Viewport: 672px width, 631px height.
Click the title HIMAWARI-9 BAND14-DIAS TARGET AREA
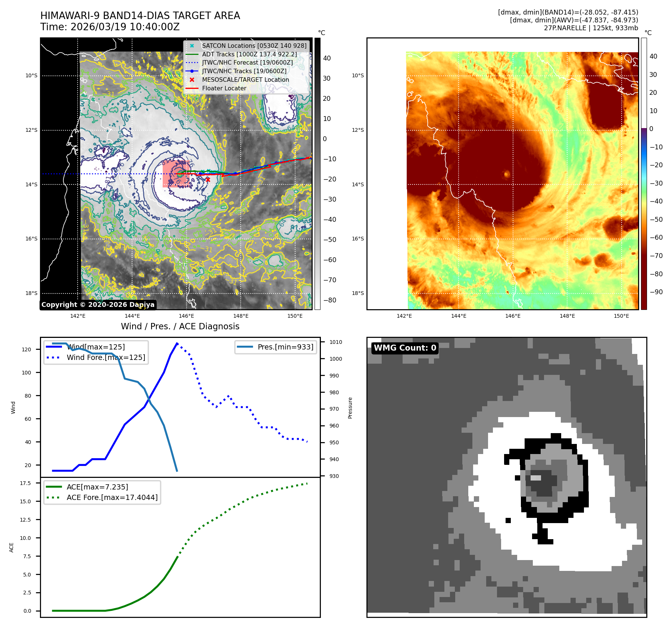click(140, 16)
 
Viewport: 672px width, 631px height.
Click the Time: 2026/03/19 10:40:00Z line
click(110, 27)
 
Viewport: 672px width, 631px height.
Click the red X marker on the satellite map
click(208, 180)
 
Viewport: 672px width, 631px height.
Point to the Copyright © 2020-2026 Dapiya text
click(98, 304)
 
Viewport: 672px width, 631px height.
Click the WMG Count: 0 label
click(405, 348)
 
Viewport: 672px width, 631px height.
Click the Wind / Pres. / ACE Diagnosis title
click(180, 326)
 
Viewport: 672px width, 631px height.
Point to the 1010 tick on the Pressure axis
click(336, 342)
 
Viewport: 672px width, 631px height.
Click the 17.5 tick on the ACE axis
click(25, 483)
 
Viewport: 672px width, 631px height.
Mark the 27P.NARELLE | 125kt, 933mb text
click(591, 28)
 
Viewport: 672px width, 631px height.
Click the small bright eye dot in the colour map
click(507, 174)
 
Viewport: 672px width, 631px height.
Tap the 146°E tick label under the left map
click(186, 316)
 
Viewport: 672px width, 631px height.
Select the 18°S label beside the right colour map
click(358, 293)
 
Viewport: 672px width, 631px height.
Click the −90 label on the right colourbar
click(656, 292)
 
